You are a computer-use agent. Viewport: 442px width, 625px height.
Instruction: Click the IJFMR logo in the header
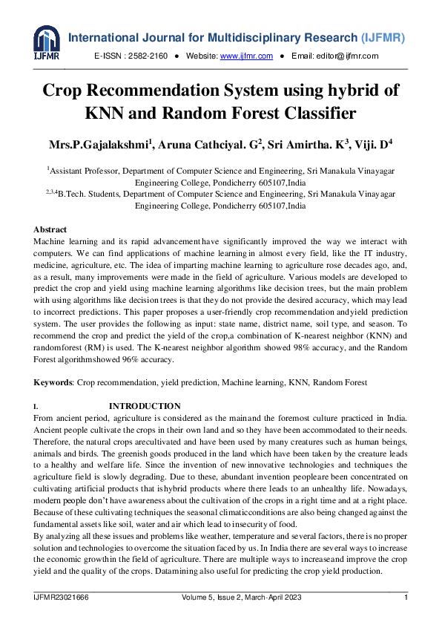coord(46,44)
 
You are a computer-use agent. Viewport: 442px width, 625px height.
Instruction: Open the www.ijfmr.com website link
coord(247,56)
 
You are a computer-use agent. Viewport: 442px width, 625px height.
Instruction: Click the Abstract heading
coord(50,230)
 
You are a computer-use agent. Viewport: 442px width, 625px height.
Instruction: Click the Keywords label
coord(53,382)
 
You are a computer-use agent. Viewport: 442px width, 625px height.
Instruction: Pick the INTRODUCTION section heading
coord(145,406)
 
